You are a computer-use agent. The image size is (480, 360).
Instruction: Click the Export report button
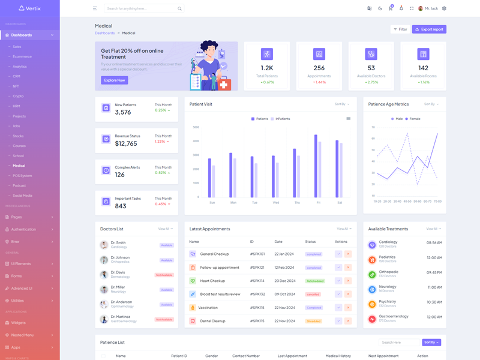[x=429, y=29]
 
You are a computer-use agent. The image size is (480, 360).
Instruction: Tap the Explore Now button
[x=114, y=80]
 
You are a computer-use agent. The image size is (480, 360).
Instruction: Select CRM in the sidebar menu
[x=17, y=76]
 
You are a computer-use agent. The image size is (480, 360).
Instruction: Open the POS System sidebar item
[x=22, y=176]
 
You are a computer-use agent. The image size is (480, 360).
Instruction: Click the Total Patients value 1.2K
[x=267, y=68]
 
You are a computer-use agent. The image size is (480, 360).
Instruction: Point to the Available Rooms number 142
[x=423, y=68]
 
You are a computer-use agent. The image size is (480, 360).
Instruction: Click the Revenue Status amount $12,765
[x=126, y=144]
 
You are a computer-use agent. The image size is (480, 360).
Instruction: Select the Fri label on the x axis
[x=318, y=203]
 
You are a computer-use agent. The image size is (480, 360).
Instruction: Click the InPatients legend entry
[x=283, y=119]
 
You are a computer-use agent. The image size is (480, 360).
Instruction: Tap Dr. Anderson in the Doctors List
[x=121, y=302]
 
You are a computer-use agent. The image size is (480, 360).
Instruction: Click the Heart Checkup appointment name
[x=212, y=281]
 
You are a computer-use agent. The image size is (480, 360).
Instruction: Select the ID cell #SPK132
[x=257, y=294]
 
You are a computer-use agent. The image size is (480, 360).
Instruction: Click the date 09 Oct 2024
[x=284, y=294]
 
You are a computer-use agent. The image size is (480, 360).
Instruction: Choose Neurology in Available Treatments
[x=388, y=287]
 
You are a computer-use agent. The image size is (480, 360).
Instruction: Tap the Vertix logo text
[x=34, y=8]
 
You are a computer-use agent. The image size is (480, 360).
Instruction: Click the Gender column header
[x=211, y=356]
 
